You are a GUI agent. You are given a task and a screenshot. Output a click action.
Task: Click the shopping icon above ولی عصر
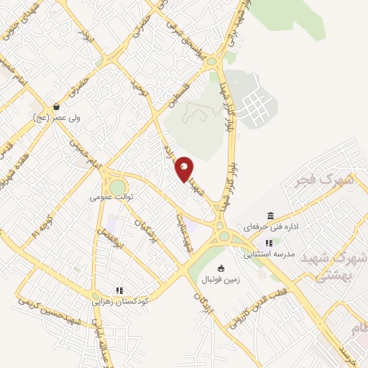[x=57, y=106]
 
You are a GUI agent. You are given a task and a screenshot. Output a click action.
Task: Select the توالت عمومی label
[x=112, y=195]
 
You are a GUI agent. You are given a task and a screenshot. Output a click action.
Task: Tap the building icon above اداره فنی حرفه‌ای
[x=270, y=216]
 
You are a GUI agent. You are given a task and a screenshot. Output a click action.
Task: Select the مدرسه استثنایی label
[x=268, y=253]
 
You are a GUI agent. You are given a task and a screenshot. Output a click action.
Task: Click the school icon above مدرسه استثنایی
[x=268, y=243]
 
